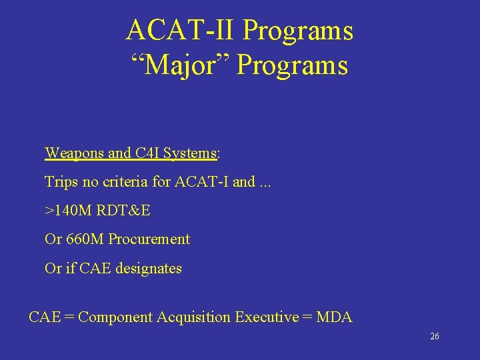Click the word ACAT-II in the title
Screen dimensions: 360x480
tap(181, 31)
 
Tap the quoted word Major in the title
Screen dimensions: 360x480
tap(179, 65)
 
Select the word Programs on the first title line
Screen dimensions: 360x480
tap(298, 31)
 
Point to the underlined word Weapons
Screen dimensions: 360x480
tap(75, 153)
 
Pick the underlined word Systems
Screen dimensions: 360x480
tap(190, 153)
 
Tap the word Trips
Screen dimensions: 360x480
tap(60, 181)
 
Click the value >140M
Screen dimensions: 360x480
tap(68, 211)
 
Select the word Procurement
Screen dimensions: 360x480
tap(149, 239)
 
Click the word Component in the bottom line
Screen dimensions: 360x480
tap(115, 318)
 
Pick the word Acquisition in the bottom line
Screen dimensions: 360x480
tap(194, 318)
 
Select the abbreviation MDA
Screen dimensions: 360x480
tap(334, 317)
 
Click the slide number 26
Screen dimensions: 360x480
tap(435, 337)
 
